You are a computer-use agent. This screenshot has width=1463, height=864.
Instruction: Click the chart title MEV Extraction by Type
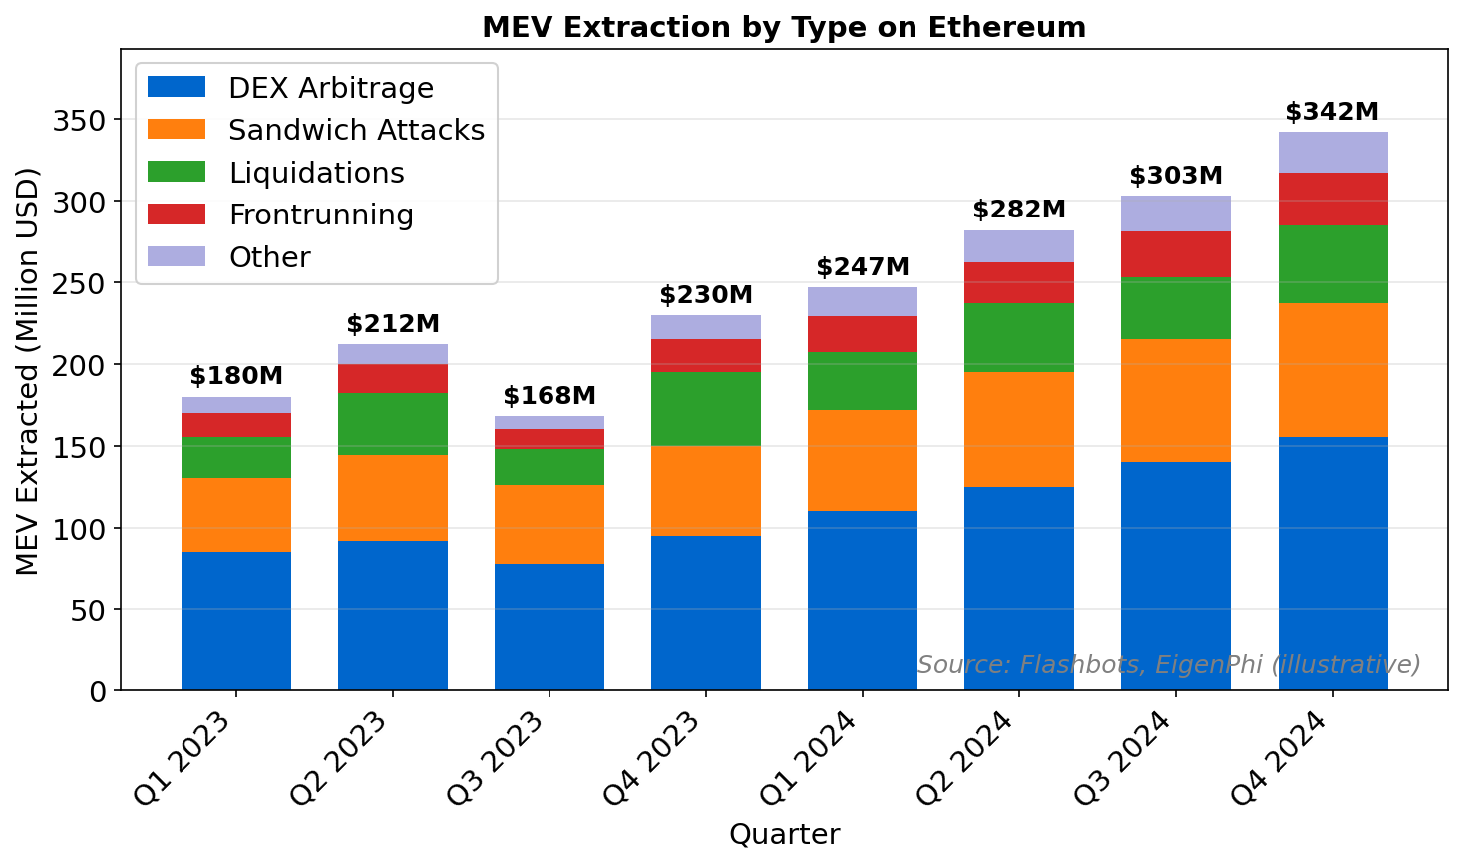pos(784,27)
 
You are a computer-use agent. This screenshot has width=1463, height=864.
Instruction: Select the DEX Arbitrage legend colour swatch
pos(177,88)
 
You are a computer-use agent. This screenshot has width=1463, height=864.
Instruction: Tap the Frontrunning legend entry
pos(320,216)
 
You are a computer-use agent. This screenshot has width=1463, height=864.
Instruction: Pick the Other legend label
pos(269,258)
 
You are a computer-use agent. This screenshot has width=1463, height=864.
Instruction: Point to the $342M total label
pos(1332,112)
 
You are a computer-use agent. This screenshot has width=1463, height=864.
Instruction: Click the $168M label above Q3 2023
pos(549,396)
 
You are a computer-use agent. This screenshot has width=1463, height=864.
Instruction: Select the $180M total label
pos(236,376)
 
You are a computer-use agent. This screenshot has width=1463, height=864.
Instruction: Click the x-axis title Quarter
pos(784,834)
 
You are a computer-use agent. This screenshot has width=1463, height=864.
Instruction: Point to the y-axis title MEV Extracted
pos(28,371)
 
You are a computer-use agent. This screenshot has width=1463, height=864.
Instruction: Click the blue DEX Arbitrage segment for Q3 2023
pos(549,627)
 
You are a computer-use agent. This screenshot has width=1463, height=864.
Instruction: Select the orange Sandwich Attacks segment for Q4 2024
pos(1332,370)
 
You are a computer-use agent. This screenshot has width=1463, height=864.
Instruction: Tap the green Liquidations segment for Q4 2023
pos(706,409)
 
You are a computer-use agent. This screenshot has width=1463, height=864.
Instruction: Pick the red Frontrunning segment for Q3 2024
pos(1176,254)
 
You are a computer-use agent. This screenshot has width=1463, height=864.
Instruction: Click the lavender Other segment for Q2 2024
pos(1019,246)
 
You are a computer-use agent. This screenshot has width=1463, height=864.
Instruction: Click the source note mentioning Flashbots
pos(1169,665)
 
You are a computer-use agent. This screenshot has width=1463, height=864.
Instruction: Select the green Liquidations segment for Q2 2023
pos(393,424)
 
